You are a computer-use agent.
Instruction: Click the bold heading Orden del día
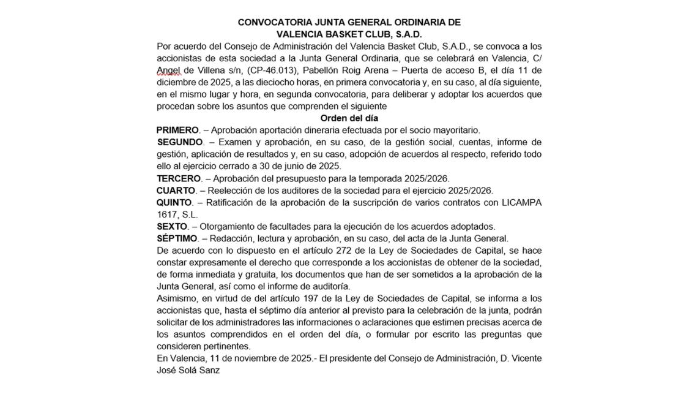[349, 118]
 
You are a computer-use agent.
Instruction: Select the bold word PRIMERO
[177, 130]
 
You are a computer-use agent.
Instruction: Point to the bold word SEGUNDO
[180, 142]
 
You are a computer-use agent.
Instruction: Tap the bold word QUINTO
[174, 202]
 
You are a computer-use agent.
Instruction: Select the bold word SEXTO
[172, 226]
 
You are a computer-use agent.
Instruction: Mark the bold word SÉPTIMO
[177, 238]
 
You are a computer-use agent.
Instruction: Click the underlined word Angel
[168, 70]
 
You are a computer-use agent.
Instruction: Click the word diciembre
[178, 83]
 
